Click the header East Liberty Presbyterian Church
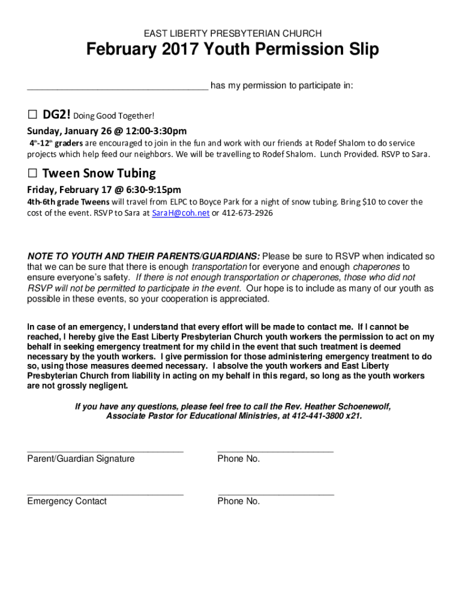[x=231, y=34]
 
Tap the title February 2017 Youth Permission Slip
[x=231, y=50]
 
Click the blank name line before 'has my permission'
[x=117, y=86]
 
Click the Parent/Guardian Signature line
[x=105, y=449]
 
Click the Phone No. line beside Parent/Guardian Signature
[x=275, y=449]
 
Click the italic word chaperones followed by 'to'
[x=376, y=267]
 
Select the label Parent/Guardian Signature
[x=81, y=459]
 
